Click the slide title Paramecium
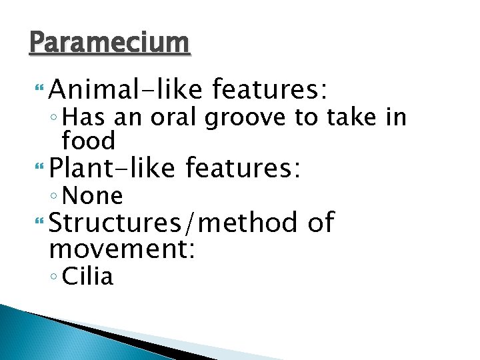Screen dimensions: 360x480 [110, 43]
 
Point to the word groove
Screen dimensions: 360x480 [247, 119]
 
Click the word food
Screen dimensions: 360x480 [88, 141]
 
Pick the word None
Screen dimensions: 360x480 [92, 196]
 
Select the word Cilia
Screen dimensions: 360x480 [87, 277]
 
